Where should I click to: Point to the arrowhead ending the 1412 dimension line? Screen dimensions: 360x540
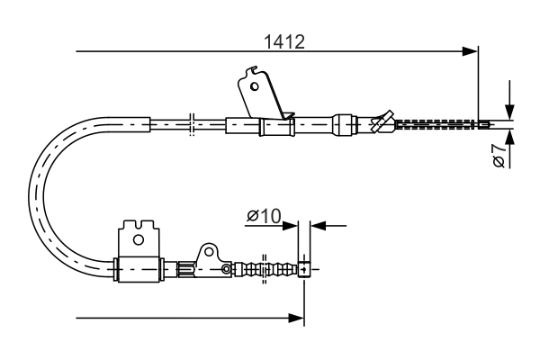click(x=469, y=51)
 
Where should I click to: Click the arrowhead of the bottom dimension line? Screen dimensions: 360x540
click(x=295, y=317)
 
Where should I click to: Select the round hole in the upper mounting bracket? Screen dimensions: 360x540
click(x=255, y=87)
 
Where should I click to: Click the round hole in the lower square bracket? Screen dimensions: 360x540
click(x=137, y=239)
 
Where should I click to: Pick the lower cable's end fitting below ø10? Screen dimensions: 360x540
click(x=306, y=268)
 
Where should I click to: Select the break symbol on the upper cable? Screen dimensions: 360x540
click(x=192, y=124)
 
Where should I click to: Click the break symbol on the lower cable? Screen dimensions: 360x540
click(x=264, y=268)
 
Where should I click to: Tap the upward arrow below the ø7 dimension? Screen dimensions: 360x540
click(x=510, y=139)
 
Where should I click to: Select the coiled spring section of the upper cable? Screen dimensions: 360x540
click(x=435, y=124)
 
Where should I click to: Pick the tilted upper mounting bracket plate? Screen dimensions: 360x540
click(x=262, y=94)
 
